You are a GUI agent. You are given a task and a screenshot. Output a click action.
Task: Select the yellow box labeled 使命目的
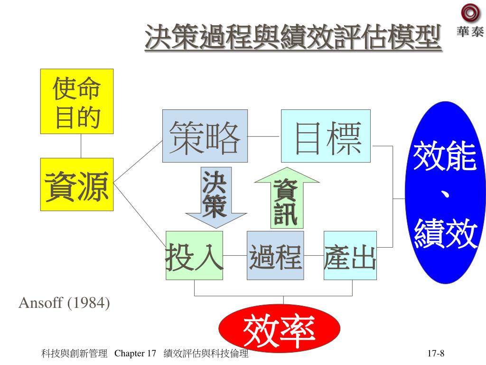tap(77, 101)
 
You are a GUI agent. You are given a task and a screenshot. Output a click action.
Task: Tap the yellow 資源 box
tap(77, 184)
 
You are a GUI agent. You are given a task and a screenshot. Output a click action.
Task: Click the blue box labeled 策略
tap(205, 136)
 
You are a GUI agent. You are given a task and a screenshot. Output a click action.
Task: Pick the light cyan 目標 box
tap(326, 136)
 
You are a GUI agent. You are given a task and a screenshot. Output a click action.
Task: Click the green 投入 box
tap(194, 255)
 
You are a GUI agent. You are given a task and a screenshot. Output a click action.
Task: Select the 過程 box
tap(275, 255)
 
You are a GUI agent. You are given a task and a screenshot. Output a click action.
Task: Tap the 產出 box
tap(350, 255)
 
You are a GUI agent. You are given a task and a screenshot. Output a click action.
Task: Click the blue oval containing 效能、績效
tap(445, 192)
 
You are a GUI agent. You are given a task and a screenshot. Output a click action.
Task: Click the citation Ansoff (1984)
tap(64, 303)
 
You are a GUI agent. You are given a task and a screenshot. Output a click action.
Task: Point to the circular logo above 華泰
tap(469, 13)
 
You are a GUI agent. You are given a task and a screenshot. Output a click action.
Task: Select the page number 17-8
tap(435, 354)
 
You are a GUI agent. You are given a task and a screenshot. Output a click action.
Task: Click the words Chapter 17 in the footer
tap(136, 354)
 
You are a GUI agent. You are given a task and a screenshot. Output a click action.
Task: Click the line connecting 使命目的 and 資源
tap(81, 145)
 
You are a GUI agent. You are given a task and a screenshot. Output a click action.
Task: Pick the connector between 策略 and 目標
tap(264, 136)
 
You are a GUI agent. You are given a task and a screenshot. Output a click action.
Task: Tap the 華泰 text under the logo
tap(470, 32)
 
